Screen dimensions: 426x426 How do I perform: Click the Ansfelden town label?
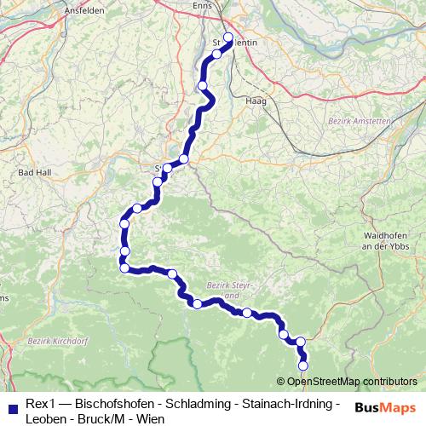(x=83, y=10)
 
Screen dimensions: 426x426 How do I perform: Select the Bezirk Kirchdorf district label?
(x=53, y=342)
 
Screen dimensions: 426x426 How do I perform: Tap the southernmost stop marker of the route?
(x=303, y=365)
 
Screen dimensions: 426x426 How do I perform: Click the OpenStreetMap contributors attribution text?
(x=352, y=381)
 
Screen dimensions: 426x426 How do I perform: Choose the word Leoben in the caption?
(x=46, y=418)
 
